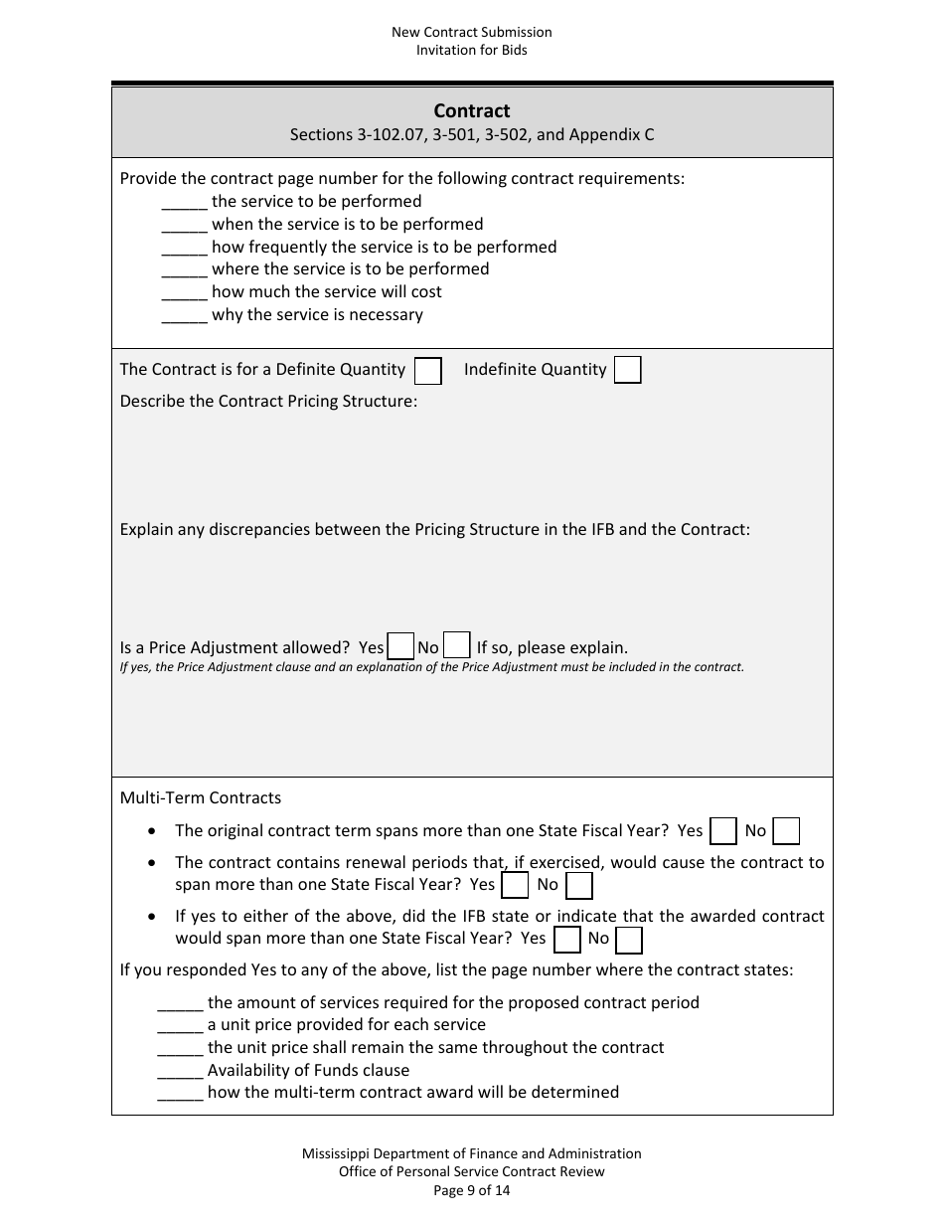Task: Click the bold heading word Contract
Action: [472, 111]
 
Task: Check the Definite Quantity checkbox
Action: [428, 371]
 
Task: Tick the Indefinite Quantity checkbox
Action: [627, 371]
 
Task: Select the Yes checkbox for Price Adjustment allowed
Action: [400, 646]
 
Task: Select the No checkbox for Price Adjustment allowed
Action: [456, 646]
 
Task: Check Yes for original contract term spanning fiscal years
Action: [723, 831]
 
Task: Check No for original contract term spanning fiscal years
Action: [786, 831]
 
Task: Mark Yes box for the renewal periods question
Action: [516, 885]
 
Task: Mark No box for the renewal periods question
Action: [578, 885]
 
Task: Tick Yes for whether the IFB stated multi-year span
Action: [566, 939]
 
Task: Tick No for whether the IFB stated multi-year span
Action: [628, 939]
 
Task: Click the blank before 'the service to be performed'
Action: [184, 202]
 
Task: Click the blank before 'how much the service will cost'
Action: [184, 292]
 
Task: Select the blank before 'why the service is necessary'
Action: [184, 315]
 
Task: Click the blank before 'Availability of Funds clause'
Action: [180, 1071]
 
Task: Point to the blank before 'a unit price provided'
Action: [180, 1025]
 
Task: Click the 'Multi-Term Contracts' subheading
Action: [201, 797]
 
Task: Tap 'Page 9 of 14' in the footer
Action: [472, 1189]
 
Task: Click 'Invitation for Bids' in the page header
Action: [472, 50]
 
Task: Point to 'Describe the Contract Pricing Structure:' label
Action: [268, 402]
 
